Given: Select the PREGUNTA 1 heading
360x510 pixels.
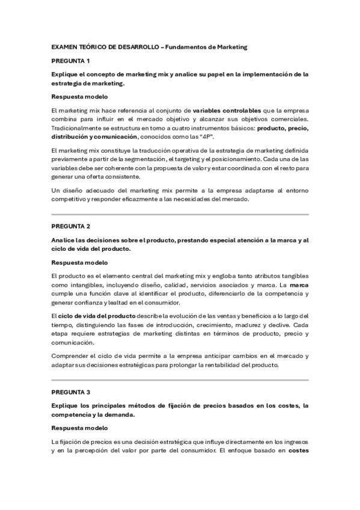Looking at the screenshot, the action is [71, 61].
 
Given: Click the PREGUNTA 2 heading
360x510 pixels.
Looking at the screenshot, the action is [71, 226].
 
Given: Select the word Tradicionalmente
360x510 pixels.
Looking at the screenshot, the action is [79, 128].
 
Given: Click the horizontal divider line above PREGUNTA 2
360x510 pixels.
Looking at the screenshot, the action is [180, 214].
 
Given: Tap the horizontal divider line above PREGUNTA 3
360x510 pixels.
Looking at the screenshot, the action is [180, 379].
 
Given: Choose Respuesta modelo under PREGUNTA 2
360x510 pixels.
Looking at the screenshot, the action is [79, 263].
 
